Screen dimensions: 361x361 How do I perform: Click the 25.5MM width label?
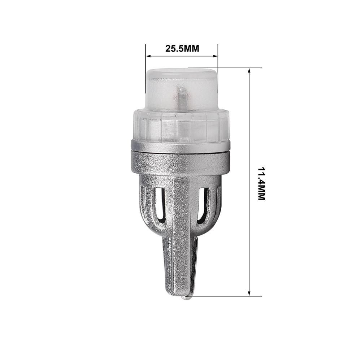coord(182,49)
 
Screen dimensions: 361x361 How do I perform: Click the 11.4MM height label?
coord(261,183)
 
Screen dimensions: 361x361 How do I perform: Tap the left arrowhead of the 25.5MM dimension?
coord(148,56)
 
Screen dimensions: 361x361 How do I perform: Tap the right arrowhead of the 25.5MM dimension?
coord(216,56)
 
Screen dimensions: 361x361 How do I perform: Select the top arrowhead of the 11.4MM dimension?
coord(249,71)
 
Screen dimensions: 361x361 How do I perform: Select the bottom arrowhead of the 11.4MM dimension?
coord(249,293)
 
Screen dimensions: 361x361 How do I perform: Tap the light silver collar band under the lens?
coord(180,146)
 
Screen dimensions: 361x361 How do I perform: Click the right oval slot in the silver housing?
coord(203,204)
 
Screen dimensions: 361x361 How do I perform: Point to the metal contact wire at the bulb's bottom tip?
coord(186,297)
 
